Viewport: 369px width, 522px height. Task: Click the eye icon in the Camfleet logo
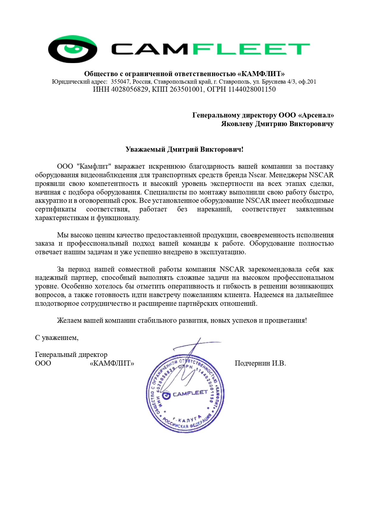73,49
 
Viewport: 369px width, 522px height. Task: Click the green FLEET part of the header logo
251,49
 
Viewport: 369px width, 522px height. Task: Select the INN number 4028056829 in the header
129,90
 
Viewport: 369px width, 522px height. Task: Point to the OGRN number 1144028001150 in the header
252,90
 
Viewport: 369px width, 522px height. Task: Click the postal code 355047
120,82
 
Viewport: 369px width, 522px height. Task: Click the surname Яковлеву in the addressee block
237,124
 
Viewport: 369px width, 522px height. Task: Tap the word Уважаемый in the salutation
145,149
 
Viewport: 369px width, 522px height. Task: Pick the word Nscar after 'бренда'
257,175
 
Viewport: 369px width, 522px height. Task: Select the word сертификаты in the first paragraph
56,209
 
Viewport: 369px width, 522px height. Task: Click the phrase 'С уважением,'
57,338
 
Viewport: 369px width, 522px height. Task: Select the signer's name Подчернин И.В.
260,363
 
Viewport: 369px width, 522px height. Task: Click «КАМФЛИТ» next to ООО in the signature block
112,363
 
